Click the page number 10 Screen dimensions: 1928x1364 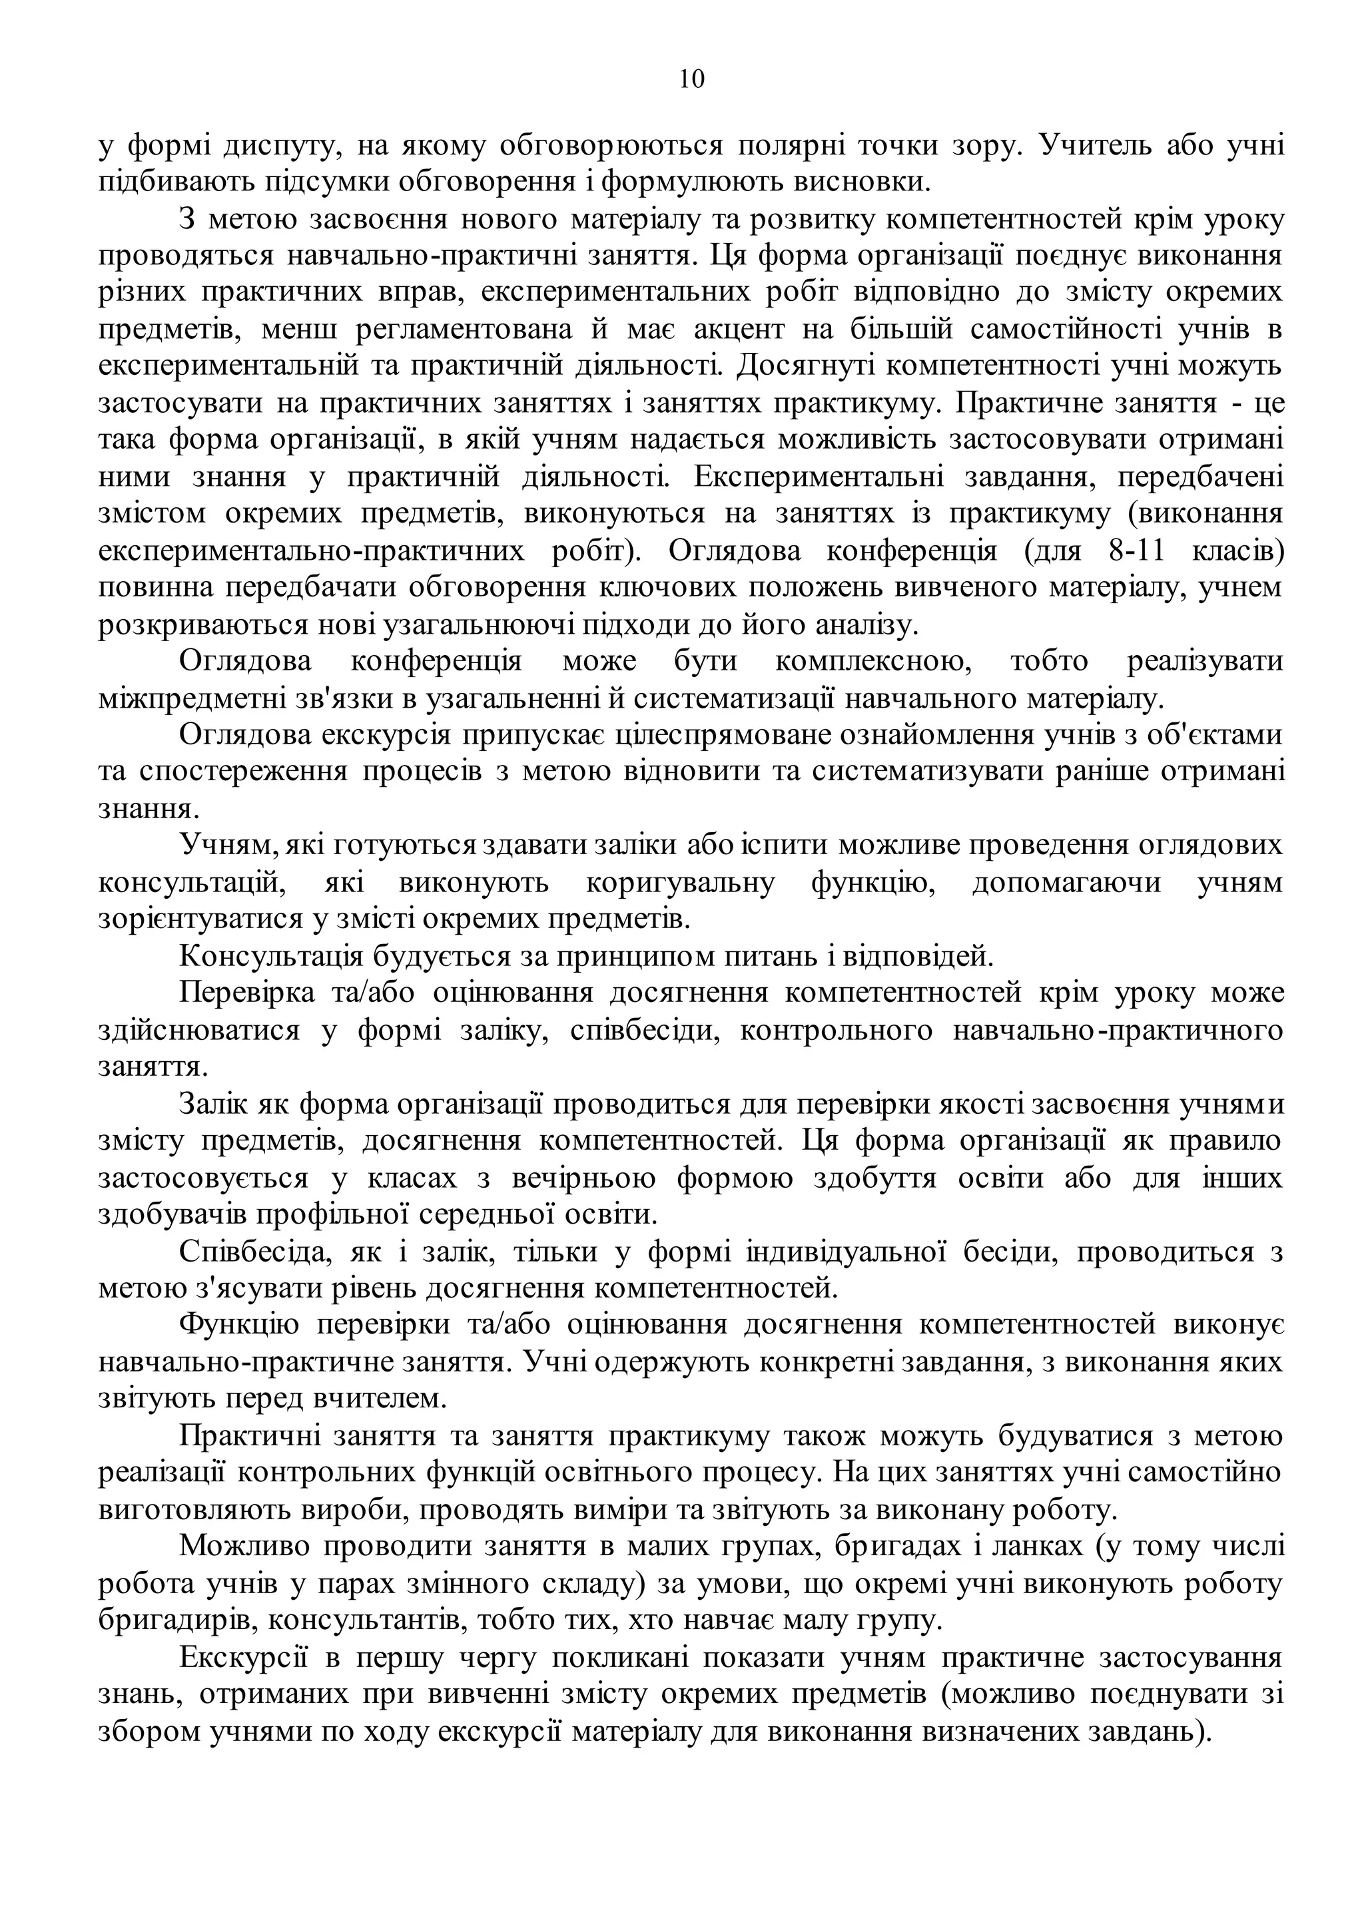(691, 79)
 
